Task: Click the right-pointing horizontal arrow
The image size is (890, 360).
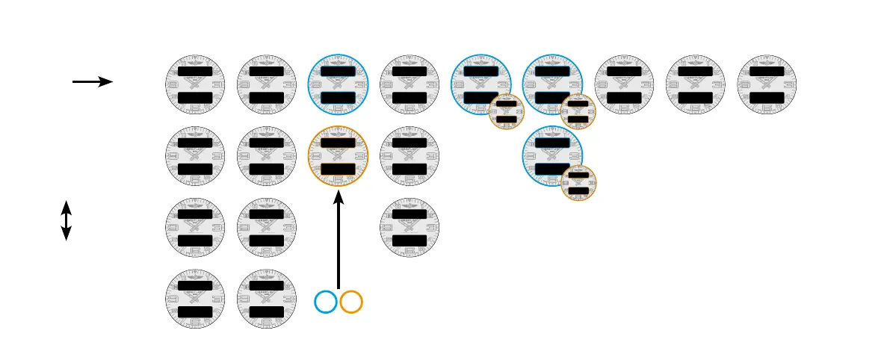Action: point(92,81)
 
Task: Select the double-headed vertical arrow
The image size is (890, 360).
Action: point(66,220)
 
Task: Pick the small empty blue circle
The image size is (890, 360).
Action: point(326,302)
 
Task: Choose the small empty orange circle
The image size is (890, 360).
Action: point(351,302)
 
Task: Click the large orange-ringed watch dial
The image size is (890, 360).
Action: point(339,156)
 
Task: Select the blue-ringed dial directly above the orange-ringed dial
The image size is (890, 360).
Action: point(339,84)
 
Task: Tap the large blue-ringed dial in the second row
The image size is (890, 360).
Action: point(552,155)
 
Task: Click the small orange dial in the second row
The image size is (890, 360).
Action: point(578,184)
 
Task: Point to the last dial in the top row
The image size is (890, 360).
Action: point(767,84)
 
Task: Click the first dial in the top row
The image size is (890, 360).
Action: point(195,84)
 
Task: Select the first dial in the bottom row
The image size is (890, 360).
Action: point(195,299)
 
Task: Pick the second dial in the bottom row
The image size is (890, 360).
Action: point(267,299)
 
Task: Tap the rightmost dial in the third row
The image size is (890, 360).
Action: point(410,227)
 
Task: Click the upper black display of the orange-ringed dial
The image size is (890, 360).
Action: point(339,143)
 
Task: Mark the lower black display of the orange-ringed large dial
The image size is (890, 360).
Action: point(339,170)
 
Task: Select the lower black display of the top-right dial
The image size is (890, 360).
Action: point(767,98)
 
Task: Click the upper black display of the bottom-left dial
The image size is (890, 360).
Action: point(195,285)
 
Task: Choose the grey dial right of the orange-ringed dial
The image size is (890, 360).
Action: point(410,156)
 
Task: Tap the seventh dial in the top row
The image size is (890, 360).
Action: point(624,84)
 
